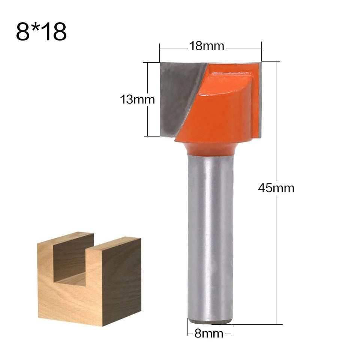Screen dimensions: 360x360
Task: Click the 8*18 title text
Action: (x=41, y=32)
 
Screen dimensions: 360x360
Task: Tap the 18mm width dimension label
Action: (x=206, y=46)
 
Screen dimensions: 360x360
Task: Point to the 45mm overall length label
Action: (x=276, y=187)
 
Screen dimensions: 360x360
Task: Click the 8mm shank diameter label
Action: (x=209, y=333)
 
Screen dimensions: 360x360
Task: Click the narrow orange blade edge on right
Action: (x=256, y=101)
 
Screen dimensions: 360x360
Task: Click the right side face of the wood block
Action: (x=122, y=281)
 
